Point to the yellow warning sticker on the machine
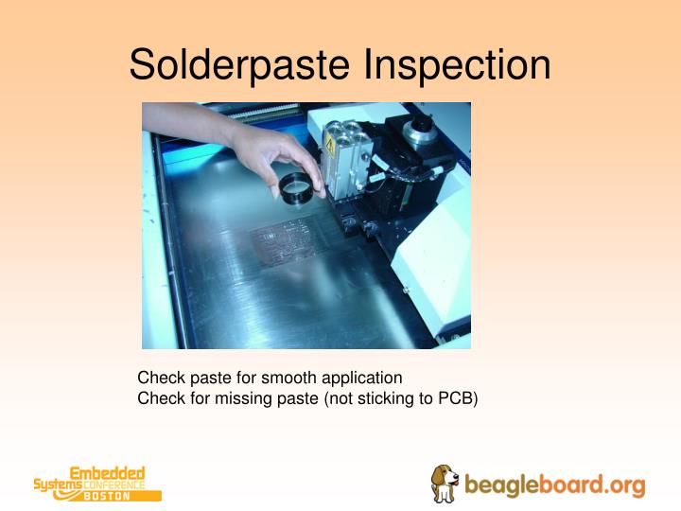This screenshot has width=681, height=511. pyautogui.click(x=330, y=142)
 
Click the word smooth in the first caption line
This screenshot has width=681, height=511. pyautogui.click(x=290, y=378)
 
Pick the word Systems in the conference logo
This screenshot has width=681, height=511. pyautogui.click(x=52, y=485)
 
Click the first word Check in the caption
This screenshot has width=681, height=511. pyautogui.click(x=161, y=378)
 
